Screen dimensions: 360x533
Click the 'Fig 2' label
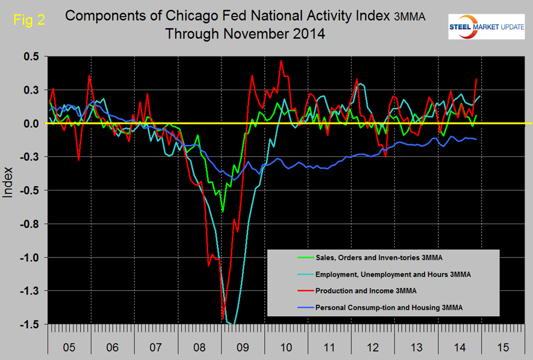26,22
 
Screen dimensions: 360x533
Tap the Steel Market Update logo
486,27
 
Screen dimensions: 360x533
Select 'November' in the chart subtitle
248,34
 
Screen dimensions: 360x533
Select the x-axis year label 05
68,346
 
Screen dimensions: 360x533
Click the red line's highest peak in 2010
281,60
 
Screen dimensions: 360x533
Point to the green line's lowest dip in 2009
223,211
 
